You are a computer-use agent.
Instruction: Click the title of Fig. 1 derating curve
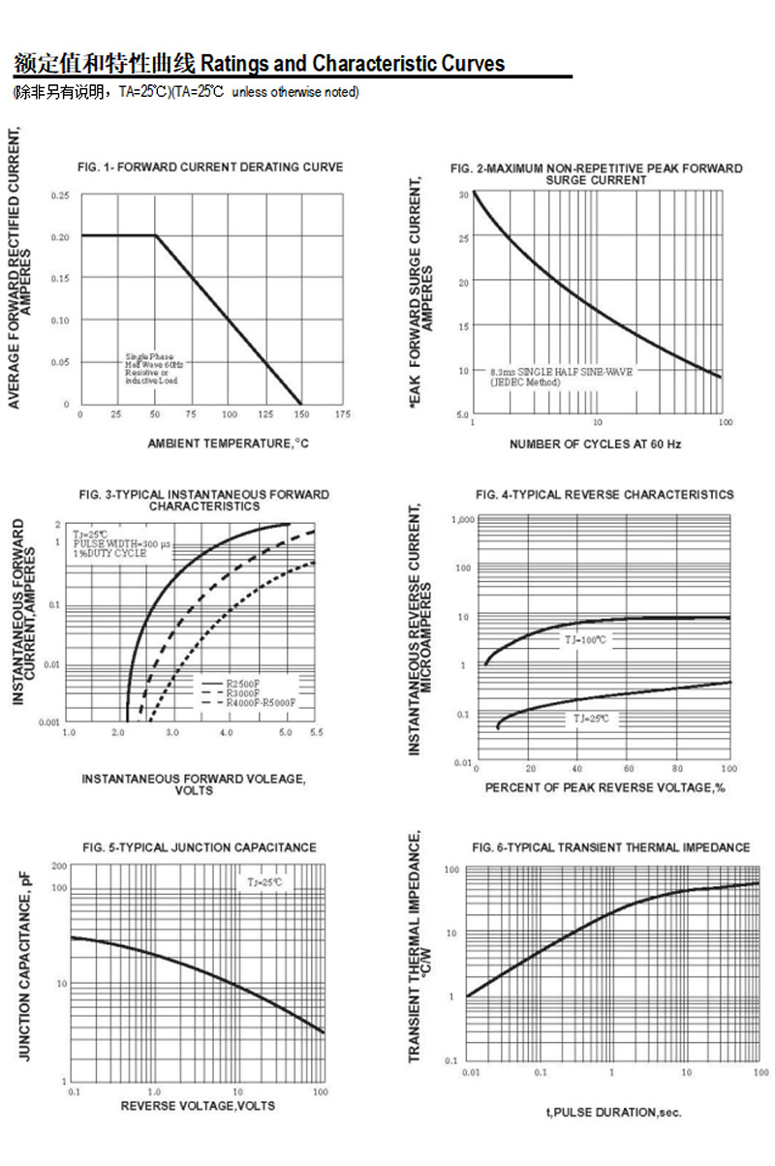click(210, 168)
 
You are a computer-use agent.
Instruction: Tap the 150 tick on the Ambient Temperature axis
click(303, 414)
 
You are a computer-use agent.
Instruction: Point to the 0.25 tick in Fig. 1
click(60, 196)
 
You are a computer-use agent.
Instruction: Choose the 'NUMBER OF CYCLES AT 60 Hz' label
click(596, 445)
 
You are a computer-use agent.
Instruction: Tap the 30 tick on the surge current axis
click(463, 194)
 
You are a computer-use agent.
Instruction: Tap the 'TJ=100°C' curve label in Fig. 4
click(586, 640)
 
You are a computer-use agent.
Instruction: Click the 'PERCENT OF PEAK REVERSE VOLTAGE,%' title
click(605, 788)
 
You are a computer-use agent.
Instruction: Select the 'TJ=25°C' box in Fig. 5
click(263, 882)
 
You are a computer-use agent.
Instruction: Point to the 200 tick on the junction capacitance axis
click(58, 866)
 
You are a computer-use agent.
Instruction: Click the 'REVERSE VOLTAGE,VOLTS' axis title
click(198, 1106)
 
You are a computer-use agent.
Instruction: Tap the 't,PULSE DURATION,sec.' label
click(613, 1113)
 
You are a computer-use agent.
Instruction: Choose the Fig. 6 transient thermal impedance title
click(610, 847)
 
